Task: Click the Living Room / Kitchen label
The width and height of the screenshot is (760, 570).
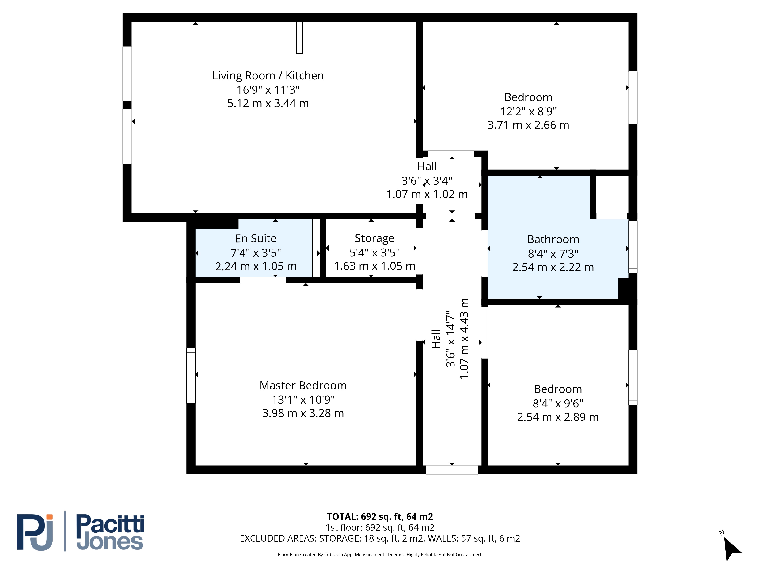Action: click(268, 76)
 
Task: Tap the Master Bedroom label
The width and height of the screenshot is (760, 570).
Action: click(303, 386)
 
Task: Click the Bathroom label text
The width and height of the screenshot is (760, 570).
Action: click(553, 239)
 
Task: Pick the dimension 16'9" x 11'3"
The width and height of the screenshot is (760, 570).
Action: click(268, 90)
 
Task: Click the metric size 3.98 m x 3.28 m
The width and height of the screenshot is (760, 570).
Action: click(303, 413)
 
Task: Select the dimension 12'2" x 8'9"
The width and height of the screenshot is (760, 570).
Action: click(528, 111)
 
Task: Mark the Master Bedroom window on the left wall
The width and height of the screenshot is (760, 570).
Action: click(191, 375)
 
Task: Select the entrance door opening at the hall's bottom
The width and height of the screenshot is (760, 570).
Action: click(452, 470)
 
